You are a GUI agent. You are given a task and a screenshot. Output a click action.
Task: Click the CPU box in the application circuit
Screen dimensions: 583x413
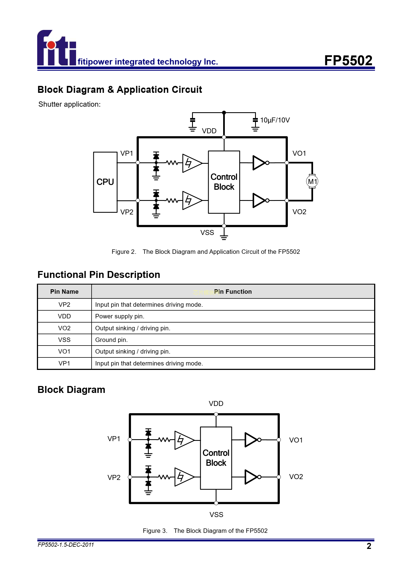tap(105, 182)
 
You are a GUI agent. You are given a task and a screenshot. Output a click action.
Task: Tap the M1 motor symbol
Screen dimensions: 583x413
tap(312, 181)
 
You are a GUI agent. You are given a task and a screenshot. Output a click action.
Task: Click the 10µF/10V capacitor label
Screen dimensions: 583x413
tap(275, 120)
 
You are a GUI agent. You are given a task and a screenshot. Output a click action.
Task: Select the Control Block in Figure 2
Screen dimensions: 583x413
tap(224, 182)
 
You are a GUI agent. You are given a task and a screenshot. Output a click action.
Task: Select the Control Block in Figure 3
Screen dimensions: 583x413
tap(216, 458)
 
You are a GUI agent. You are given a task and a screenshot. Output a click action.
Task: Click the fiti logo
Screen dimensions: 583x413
tap(57, 48)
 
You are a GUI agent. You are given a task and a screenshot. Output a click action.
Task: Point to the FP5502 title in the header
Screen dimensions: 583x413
tap(348, 60)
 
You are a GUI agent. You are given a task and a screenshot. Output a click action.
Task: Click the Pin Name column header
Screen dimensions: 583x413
tap(64, 291)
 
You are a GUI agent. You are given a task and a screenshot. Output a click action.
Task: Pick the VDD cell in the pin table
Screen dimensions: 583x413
tap(64, 316)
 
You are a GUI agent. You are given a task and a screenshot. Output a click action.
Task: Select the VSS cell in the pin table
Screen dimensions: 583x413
tap(64, 340)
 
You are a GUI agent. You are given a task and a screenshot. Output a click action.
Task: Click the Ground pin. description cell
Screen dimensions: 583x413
tap(112, 340)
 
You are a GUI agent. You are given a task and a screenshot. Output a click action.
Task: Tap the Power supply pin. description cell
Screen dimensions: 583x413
tap(120, 316)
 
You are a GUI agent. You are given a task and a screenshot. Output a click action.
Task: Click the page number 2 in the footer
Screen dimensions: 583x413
tap(369, 546)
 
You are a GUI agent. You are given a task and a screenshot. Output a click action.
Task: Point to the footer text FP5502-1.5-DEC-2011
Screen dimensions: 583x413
tap(66, 545)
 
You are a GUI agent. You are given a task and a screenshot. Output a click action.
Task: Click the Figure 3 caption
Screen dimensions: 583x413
tap(205, 531)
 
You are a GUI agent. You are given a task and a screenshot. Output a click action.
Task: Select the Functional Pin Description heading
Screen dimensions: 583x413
tap(99, 275)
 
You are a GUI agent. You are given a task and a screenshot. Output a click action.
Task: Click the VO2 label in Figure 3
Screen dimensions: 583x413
tap(296, 477)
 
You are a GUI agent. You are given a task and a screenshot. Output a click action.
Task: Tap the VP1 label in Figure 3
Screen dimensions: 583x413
tap(114, 439)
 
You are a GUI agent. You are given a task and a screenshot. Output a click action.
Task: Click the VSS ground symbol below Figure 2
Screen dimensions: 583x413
tap(224, 237)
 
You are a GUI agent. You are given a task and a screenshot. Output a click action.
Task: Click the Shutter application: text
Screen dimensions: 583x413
tap(69, 104)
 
